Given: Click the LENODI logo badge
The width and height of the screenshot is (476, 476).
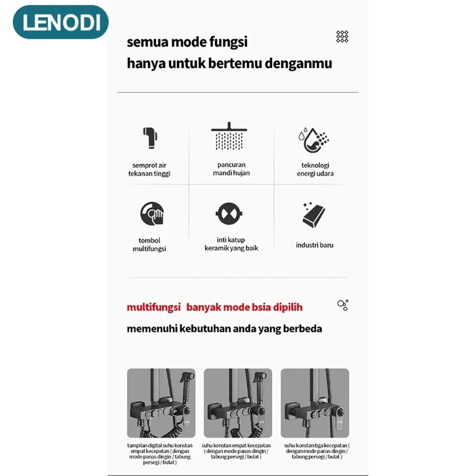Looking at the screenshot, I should (x=60, y=22).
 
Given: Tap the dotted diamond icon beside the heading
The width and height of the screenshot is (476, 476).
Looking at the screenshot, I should (x=342, y=37).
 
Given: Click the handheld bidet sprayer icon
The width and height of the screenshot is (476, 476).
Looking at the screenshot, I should (x=149, y=138).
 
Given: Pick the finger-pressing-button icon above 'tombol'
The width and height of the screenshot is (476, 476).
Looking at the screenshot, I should (x=151, y=214).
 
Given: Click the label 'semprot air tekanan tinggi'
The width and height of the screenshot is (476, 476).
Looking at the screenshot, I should (x=149, y=169).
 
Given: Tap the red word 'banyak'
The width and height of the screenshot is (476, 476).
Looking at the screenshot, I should (x=206, y=307).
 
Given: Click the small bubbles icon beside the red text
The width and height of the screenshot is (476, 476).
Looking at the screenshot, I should (x=342, y=305).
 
